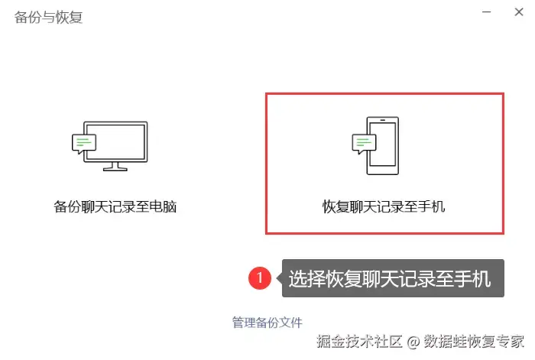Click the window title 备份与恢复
click(48, 18)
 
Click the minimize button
click(486, 12)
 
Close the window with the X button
click(519, 12)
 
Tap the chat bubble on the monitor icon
click(84, 144)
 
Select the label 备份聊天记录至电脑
click(115, 207)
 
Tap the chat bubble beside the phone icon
click(364, 144)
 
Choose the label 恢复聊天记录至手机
click(384, 207)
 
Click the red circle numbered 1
click(260, 277)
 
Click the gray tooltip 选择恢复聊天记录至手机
click(393, 278)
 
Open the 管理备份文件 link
click(267, 323)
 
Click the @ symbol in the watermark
click(413, 342)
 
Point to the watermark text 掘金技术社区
click(359, 341)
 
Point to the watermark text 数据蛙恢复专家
click(474, 341)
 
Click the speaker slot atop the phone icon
click(382, 120)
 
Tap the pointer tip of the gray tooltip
click(277, 278)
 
